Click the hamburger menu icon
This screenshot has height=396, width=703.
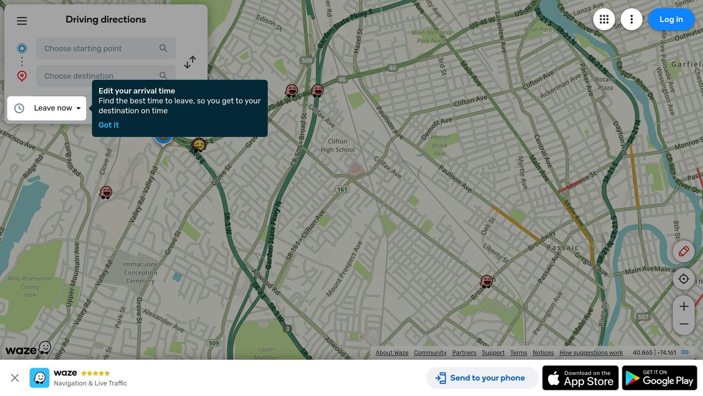[22, 21]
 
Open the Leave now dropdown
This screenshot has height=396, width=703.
[47, 108]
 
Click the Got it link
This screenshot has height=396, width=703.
[108, 125]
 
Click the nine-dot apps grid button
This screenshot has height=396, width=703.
[604, 20]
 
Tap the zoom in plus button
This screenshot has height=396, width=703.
[683, 306]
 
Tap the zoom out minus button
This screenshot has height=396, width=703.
[683, 324]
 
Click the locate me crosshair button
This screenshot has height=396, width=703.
[683, 279]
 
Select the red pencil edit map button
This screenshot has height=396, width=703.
[683, 251]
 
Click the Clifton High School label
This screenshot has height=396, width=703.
[337, 146]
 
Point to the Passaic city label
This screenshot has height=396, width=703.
[562, 247]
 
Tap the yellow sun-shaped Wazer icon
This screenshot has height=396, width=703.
[199, 145]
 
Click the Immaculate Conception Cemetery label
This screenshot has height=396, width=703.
[140, 273]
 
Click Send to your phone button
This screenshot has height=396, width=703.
[482, 378]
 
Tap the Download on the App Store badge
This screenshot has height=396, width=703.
[580, 378]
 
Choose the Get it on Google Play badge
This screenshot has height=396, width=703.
[659, 378]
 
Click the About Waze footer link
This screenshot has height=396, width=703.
[392, 353]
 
